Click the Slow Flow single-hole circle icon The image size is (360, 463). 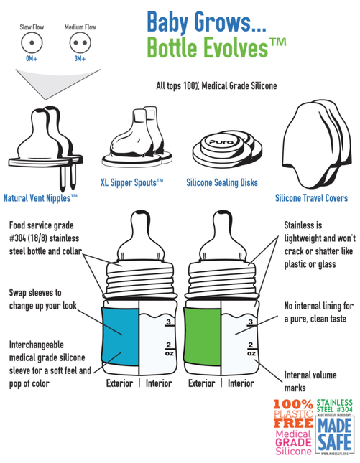[x=32, y=42]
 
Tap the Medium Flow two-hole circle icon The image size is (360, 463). [x=80, y=42]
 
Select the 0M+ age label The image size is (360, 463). [x=32, y=58]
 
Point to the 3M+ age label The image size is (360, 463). [x=80, y=58]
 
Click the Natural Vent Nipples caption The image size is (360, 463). [x=40, y=198]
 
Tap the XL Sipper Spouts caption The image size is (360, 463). [x=131, y=183]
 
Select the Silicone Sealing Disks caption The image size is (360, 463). [x=222, y=183]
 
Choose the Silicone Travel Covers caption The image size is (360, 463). [x=312, y=198]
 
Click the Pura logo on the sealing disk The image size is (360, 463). [x=222, y=142]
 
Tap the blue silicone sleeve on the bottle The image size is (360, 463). [x=120, y=337]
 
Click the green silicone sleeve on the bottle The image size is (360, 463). [x=202, y=337]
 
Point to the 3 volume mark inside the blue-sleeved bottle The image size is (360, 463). [x=169, y=322]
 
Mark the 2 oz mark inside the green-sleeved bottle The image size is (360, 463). [x=251, y=349]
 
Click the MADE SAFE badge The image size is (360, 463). [x=335, y=435]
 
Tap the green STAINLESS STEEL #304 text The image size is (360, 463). [x=335, y=406]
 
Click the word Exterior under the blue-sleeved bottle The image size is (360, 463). [x=120, y=383]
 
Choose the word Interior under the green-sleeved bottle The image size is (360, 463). [x=241, y=383]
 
